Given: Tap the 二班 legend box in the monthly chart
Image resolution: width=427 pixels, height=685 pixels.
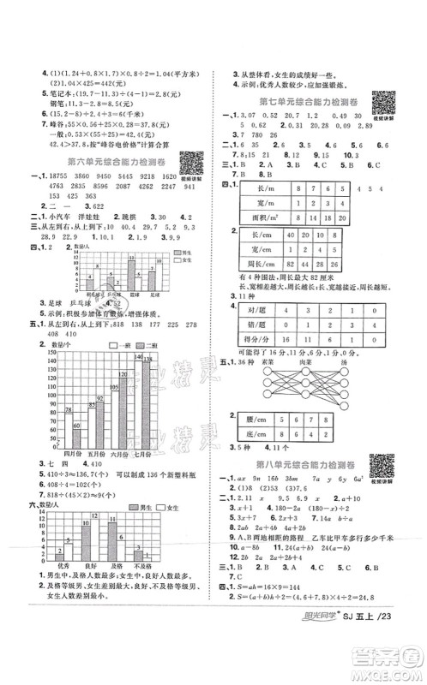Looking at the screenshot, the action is tap(135, 344).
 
